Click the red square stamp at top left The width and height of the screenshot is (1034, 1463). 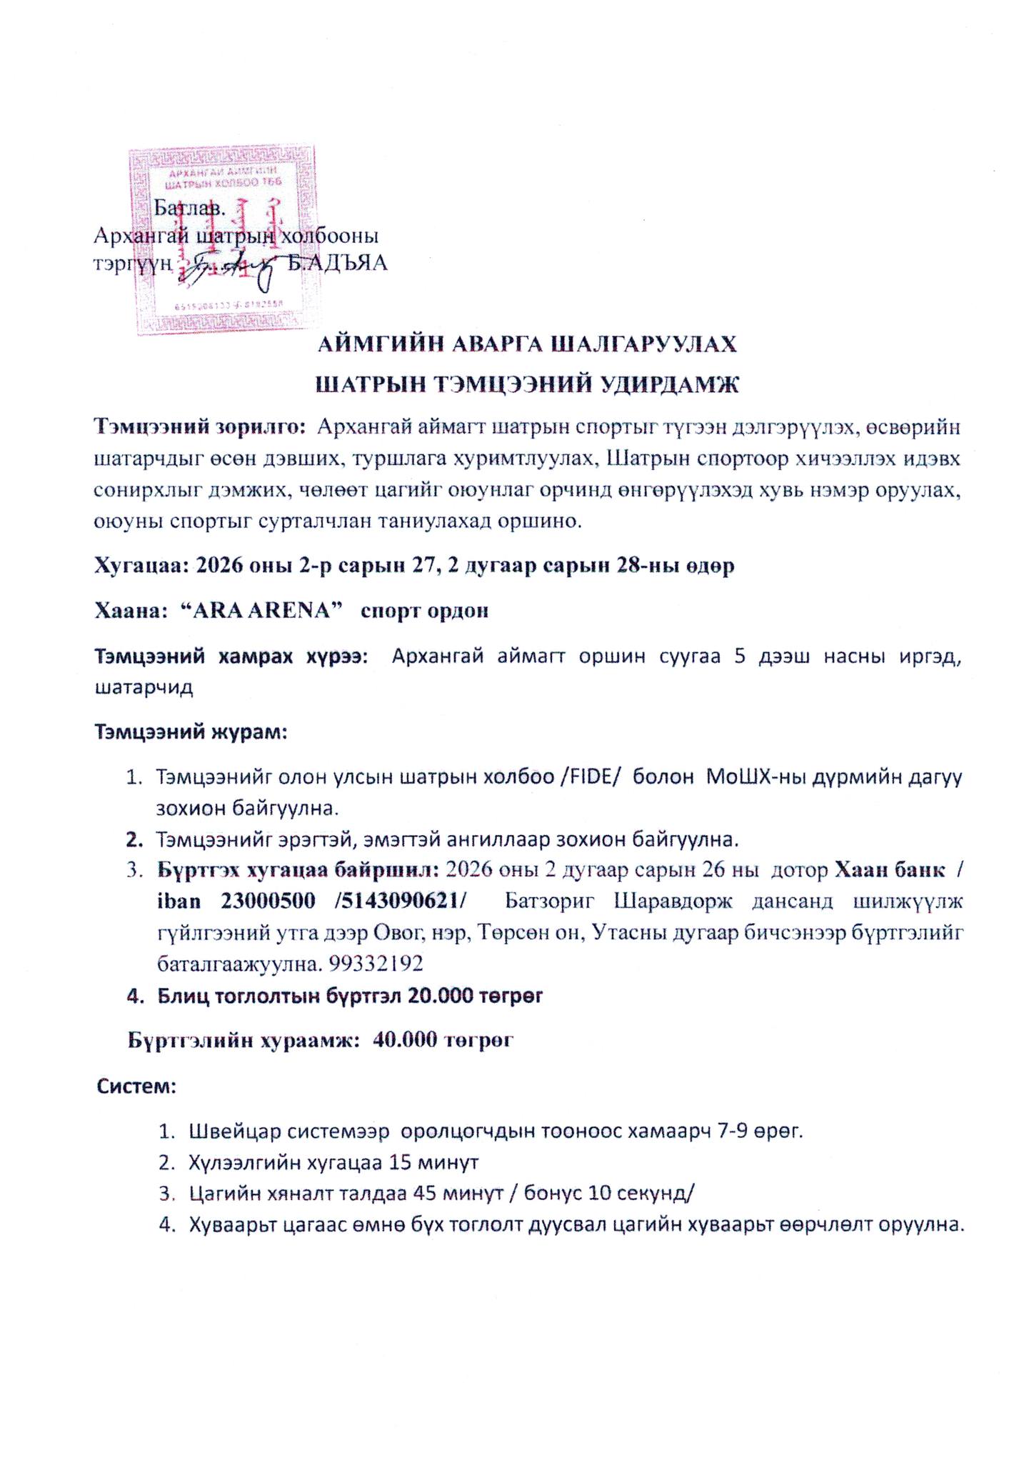(221, 240)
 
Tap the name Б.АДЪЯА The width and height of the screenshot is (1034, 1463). (337, 264)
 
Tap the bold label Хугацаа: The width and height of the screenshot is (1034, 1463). (141, 566)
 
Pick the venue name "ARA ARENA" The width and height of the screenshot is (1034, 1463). (261, 611)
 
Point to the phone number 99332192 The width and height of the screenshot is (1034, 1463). (376, 964)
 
